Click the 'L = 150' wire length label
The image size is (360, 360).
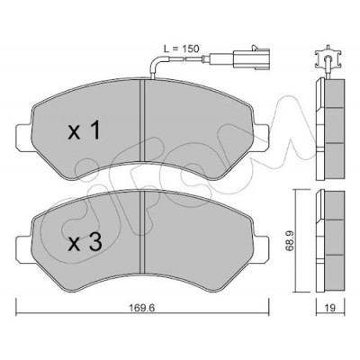click(x=181, y=49)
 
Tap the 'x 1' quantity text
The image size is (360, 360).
click(x=84, y=131)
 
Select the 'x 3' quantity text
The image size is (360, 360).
click(x=85, y=242)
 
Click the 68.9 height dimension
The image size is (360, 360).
click(x=292, y=240)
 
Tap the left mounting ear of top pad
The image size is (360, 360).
click(x=24, y=137)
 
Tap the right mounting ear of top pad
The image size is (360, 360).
click(x=260, y=137)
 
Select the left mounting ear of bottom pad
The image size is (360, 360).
click(x=24, y=248)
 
